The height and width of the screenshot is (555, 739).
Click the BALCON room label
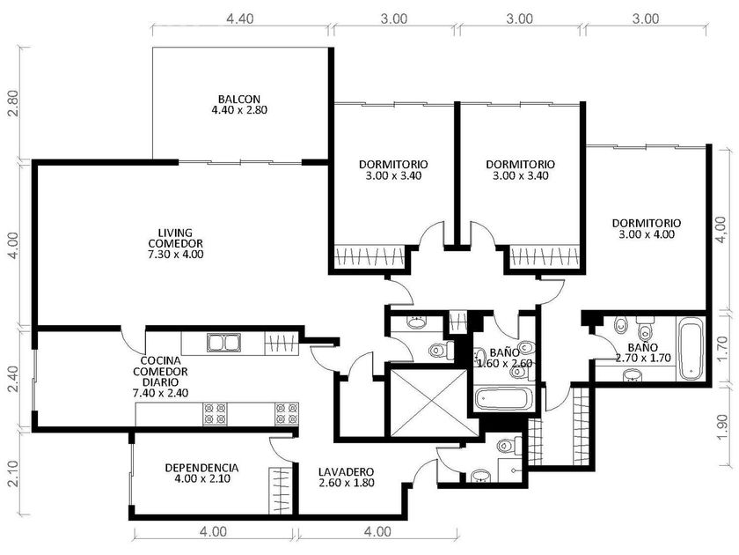tap(239, 99)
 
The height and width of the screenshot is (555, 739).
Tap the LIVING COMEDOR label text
tap(175, 239)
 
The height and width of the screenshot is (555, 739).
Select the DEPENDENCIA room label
tap(201, 468)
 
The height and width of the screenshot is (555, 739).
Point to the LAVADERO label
tap(346, 472)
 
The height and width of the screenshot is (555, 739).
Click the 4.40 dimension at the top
tap(240, 18)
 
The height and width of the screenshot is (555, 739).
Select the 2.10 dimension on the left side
tap(14, 473)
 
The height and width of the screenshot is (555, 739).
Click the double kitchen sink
tap(223, 342)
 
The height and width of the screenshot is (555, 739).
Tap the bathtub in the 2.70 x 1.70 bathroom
tap(691, 349)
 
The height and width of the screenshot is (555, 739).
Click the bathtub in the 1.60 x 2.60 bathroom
tap(503, 399)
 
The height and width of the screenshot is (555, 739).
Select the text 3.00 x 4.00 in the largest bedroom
tap(646, 234)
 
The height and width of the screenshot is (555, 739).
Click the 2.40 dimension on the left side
tap(14, 379)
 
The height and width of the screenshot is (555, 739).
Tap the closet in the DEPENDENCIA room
tap(281, 491)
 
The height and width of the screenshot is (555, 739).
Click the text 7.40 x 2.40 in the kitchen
tap(161, 393)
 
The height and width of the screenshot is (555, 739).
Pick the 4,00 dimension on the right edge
tap(721, 230)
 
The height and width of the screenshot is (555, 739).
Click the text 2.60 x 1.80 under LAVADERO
tap(347, 483)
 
